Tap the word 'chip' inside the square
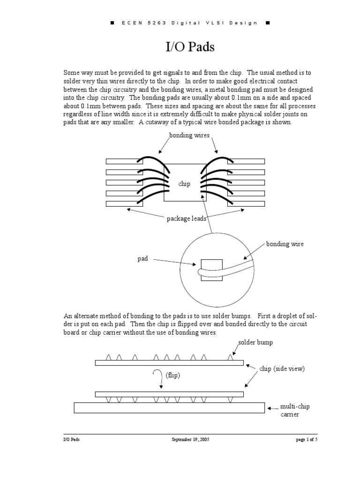pos(184,184)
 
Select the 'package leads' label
pos(187,218)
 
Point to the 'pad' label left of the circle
pos(142,258)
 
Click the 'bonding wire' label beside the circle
pos(285,244)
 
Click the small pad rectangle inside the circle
pos(209,270)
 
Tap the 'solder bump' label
pos(255,343)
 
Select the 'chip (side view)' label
pos(282,368)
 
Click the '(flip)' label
pos(172,375)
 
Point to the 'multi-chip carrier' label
pos(294,410)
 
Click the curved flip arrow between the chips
pos(160,379)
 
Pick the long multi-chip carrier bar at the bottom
pos(169,408)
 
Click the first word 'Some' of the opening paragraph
pos(72,73)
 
